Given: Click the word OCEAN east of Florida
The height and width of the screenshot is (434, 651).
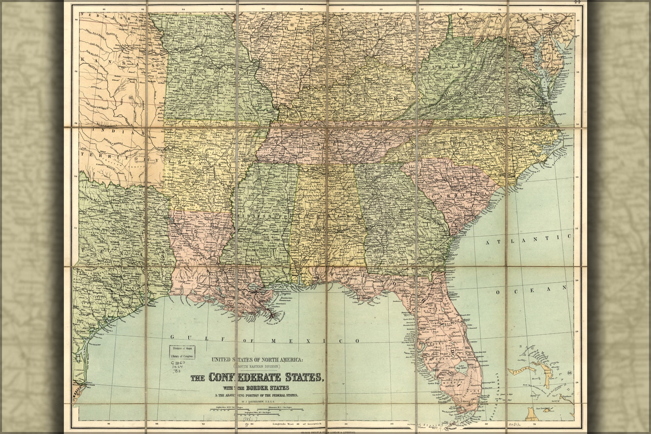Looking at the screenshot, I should point(531,290).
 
